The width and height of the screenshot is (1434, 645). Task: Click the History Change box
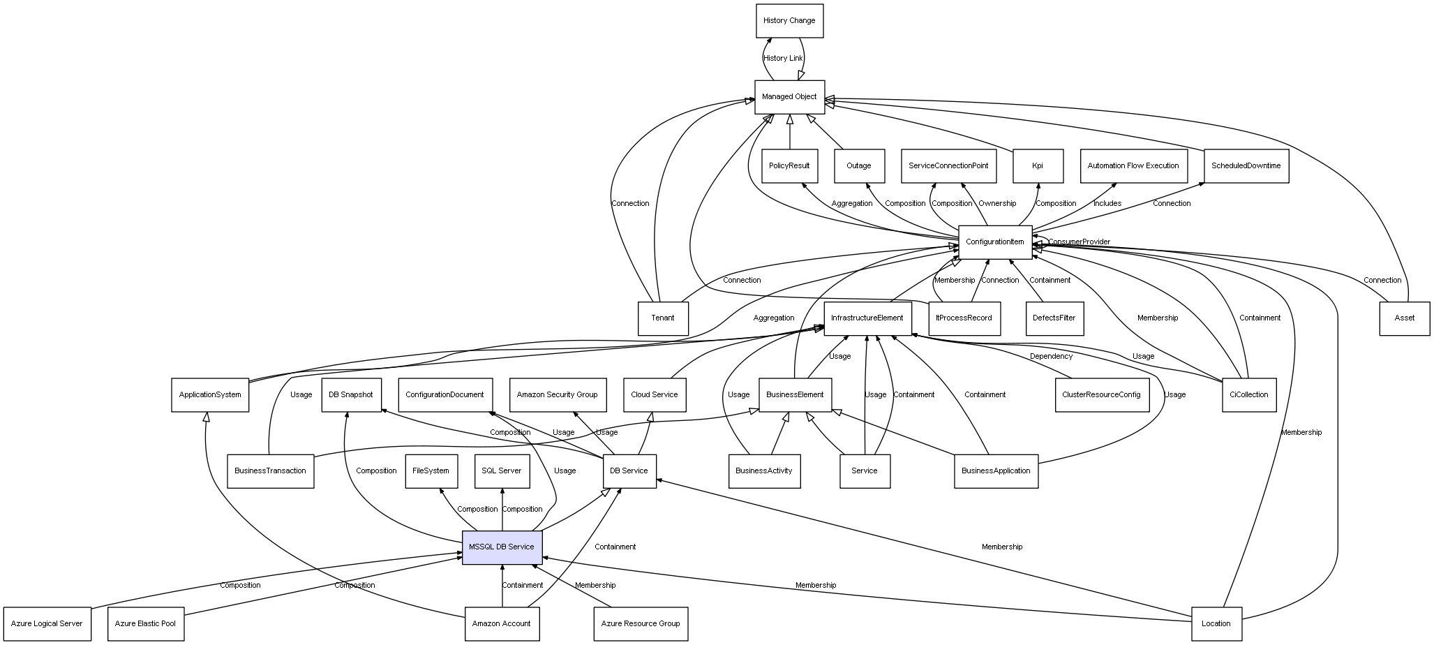coord(789,21)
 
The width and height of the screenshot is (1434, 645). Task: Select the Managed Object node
coord(789,97)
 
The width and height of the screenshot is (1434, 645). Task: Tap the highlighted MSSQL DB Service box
coord(502,547)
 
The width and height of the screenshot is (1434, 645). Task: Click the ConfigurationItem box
coord(994,242)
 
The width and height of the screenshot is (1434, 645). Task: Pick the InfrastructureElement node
coord(867,318)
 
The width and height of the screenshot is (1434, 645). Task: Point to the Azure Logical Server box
coord(47,623)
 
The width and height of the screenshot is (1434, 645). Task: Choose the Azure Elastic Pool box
coord(146,623)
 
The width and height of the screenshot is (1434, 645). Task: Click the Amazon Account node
coord(502,623)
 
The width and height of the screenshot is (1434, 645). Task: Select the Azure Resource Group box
coord(640,623)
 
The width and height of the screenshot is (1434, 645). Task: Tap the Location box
coord(1216,623)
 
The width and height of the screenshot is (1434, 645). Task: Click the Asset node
coord(1404,318)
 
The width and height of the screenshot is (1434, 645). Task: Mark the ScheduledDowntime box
coord(1246,166)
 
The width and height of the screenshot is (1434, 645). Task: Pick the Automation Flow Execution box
coord(1133,166)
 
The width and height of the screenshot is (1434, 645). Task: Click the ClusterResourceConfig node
coord(1101,395)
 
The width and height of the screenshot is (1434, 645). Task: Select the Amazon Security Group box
coord(557,395)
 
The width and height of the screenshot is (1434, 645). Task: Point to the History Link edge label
coord(783,59)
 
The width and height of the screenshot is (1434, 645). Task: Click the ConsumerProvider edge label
coord(1079,242)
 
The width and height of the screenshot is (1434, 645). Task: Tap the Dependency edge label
coord(1051,357)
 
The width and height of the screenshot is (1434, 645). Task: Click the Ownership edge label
coord(997,204)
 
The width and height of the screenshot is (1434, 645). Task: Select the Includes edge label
coord(1107,204)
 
